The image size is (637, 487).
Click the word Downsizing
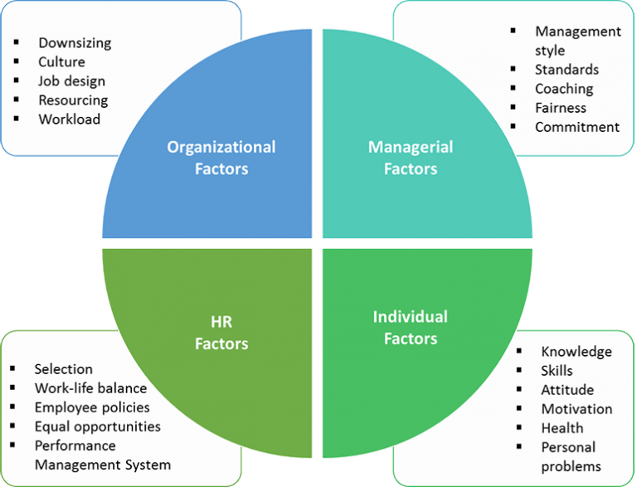click(x=75, y=42)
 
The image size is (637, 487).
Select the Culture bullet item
click(x=61, y=61)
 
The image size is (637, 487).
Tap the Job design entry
click(x=71, y=81)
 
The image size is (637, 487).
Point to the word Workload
click(x=69, y=119)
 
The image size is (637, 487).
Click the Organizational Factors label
click(x=221, y=158)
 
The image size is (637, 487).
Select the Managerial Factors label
click(x=411, y=158)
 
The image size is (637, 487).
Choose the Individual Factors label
click(x=411, y=327)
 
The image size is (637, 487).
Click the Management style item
click(x=577, y=41)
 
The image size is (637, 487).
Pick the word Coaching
click(x=564, y=89)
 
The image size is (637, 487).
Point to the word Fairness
click(x=560, y=108)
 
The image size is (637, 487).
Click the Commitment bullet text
click(x=577, y=127)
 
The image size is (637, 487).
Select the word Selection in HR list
click(x=63, y=369)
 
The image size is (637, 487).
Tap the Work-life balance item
click(x=90, y=388)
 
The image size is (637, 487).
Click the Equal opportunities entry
click(x=97, y=426)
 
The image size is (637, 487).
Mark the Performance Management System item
click(x=102, y=455)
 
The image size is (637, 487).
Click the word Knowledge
click(x=576, y=352)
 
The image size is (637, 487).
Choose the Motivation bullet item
click(x=576, y=409)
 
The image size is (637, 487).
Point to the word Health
click(x=562, y=428)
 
